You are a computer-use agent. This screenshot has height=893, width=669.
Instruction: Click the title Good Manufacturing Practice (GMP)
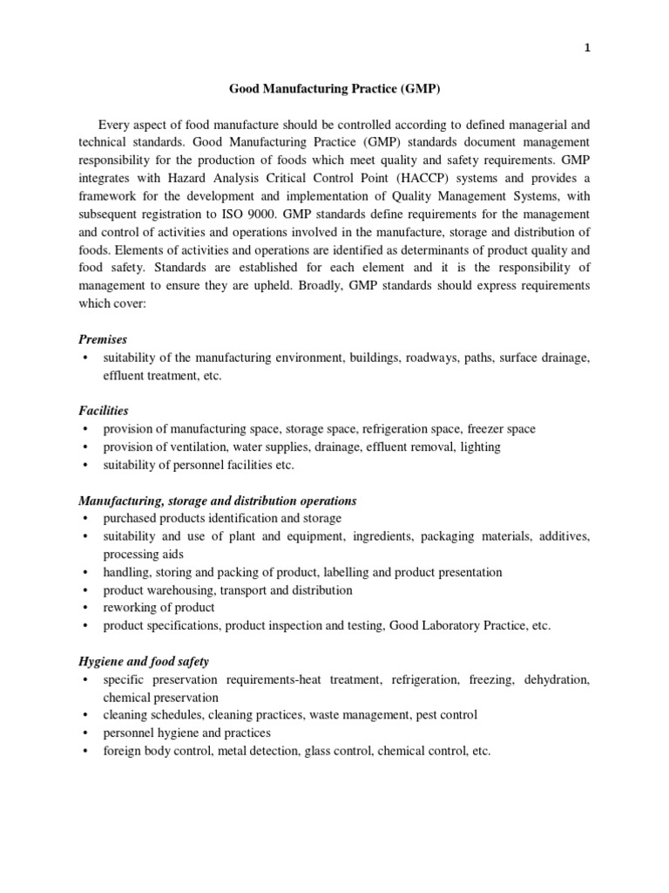(x=334, y=88)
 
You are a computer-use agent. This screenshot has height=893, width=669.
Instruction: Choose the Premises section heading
(x=103, y=340)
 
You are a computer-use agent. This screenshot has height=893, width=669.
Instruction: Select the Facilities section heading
(x=104, y=410)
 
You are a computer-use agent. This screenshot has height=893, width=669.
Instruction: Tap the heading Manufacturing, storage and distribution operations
(x=218, y=501)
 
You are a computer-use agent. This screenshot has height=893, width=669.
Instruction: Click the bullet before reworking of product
(x=84, y=608)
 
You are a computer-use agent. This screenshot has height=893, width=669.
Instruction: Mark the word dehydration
(x=557, y=679)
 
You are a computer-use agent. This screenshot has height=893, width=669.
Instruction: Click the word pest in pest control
(x=423, y=715)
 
